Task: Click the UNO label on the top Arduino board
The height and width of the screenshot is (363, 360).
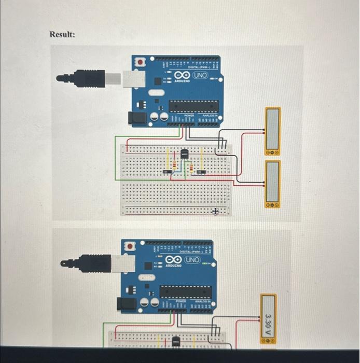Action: tap(200, 76)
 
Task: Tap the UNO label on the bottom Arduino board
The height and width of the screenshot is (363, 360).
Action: tap(192, 259)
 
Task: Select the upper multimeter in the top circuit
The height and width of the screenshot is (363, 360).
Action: tap(273, 131)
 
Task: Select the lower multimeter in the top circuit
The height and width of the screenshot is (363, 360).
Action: tap(273, 184)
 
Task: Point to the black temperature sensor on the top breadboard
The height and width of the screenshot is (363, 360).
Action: tap(184, 153)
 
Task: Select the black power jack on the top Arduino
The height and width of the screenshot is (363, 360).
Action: tap(137, 119)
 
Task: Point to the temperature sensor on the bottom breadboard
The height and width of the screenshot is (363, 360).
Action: tap(176, 341)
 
